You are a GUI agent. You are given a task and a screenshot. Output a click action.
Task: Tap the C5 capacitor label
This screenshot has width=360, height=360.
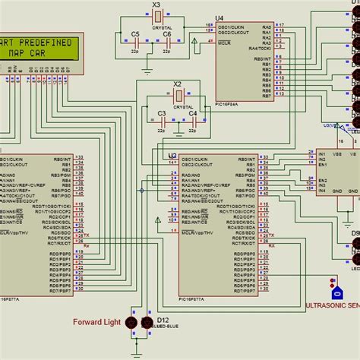tap(135, 34)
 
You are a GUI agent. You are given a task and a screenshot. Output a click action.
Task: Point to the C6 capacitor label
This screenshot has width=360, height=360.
tap(166, 34)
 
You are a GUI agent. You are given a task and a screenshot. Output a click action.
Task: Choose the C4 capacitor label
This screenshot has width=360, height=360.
tap(193, 113)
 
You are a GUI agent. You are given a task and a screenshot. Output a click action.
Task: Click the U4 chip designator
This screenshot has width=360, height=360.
tap(219, 17)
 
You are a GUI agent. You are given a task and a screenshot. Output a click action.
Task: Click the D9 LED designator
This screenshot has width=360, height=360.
tap(355, 245)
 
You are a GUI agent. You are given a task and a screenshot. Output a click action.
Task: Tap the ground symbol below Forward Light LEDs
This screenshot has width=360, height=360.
tap(137, 352)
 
